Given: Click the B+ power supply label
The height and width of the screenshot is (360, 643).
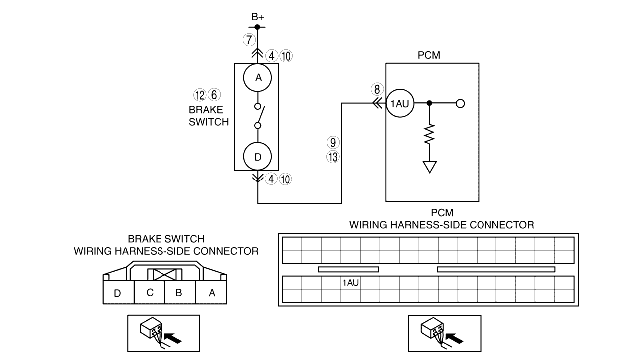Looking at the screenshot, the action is tap(258, 17).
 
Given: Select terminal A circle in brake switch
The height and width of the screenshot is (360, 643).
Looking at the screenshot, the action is tap(257, 77).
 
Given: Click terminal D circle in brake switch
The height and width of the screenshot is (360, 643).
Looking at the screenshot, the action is tap(257, 156).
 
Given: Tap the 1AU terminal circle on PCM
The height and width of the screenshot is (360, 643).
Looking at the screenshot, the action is tap(400, 104).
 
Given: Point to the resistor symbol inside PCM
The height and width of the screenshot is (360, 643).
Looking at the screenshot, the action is tap(429, 134).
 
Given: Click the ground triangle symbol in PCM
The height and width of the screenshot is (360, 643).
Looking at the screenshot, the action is tap(430, 167).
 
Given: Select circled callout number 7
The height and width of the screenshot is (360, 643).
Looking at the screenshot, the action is tap(249, 40).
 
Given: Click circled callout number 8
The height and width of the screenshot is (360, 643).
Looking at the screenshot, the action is tap(377, 89).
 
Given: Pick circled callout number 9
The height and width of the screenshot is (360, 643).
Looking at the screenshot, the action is tap(333, 142).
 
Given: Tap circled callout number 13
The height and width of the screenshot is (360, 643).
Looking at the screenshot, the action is tap(333, 157).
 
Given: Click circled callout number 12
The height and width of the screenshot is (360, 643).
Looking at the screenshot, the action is tap(199, 95).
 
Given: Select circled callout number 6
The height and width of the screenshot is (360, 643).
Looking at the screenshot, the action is tap(214, 95).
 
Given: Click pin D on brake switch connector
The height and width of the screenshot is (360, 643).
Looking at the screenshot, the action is tap(118, 292).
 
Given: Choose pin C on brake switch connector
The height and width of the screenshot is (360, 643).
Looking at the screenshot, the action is tap(150, 292).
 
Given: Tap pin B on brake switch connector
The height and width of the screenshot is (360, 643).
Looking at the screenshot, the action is tap(180, 292).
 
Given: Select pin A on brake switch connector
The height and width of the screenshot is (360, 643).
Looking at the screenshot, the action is tap(211, 292).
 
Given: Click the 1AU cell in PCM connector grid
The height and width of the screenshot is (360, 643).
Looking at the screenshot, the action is tap(350, 283).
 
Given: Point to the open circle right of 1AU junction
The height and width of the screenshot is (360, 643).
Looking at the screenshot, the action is tap(461, 104).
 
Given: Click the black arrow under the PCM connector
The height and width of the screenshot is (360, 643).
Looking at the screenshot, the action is tap(454, 338).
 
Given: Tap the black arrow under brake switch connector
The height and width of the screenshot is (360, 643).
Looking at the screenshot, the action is tap(172, 338).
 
